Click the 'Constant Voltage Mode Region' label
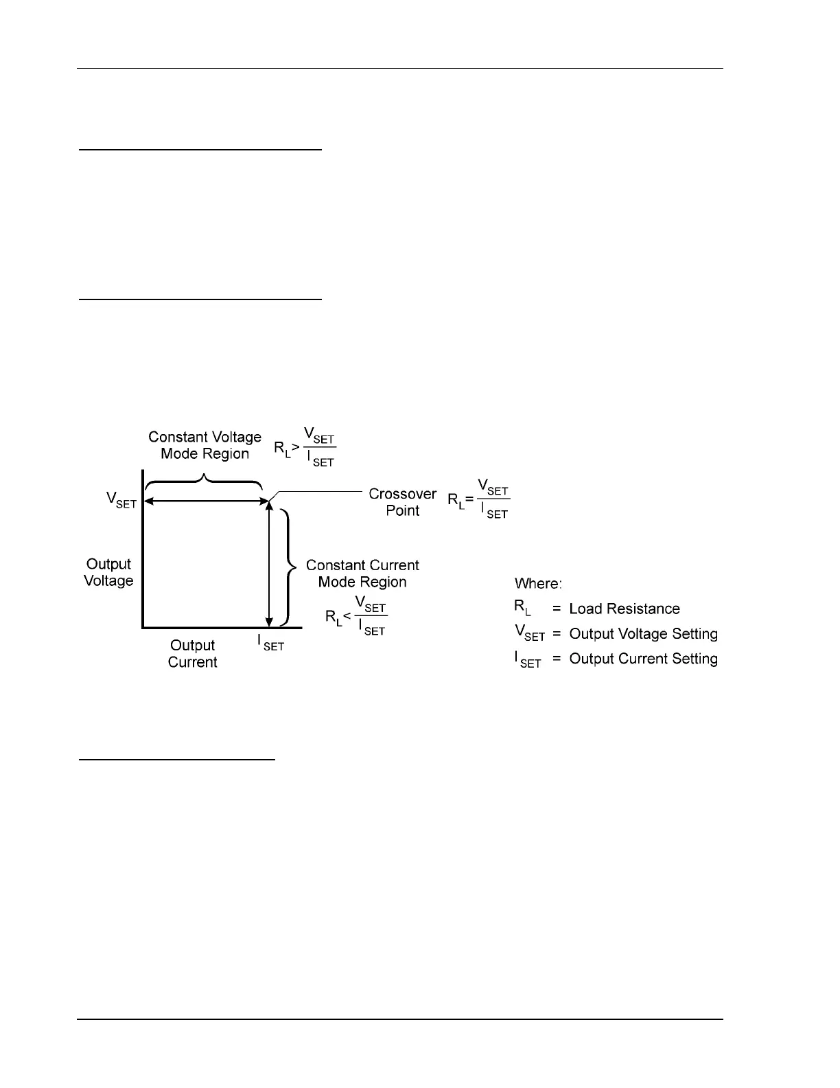pyautogui.click(x=205, y=445)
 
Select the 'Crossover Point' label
pyautogui.click(x=402, y=502)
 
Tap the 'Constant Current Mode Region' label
pyautogui.click(x=362, y=574)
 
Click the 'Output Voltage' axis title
pyautogui.click(x=108, y=572)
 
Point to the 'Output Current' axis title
pyautogui.click(x=193, y=654)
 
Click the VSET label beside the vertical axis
pyautogui.click(x=121, y=499)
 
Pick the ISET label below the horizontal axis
pyautogui.click(x=270, y=642)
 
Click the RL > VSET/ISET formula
pyautogui.click(x=305, y=447)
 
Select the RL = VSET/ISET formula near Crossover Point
pyautogui.click(x=479, y=499)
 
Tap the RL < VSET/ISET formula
pyautogui.click(x=356, y=615)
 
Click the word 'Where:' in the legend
pyautogui.click(x=539, y=584)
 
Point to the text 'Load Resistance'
pyautogui.click(x=625, y=609)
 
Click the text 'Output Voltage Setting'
pyautogui.click(x=644, y=634)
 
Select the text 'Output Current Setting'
pyautogui.click(x=644, y=659)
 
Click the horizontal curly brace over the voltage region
pyautogui.click(x=204, y=479)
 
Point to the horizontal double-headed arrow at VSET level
pyautogui.click(x=206, y=502)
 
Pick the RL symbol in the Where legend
pyautogui.click(x=522, y=608)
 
